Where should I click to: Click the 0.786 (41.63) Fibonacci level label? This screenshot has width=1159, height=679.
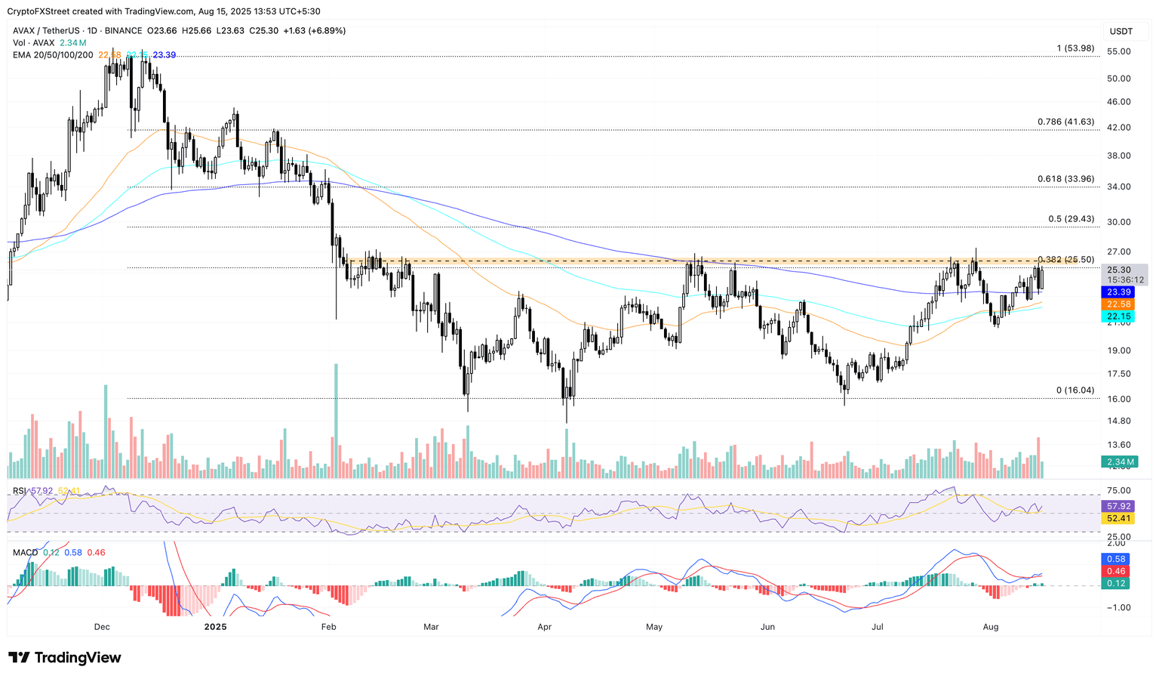pos(1065,122)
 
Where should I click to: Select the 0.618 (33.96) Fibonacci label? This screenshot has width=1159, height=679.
pos(1065,179)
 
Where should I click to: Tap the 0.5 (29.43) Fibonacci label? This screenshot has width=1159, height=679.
pos(1071,219)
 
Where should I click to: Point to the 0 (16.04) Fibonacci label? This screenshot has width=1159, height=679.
pos(1074,390)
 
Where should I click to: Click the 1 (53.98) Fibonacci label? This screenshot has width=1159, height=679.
pos(1074,48)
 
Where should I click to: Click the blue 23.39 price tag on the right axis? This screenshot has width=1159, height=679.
pos(1118,292)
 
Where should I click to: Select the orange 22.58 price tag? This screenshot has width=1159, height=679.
pos(1118,304)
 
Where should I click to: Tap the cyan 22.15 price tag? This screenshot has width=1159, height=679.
pos(1118,316)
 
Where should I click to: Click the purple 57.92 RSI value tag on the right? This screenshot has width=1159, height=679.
pos(1118,506)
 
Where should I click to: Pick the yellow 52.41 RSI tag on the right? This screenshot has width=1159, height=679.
pos(1118,518)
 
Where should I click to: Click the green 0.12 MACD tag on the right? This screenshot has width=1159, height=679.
pos(1116,583)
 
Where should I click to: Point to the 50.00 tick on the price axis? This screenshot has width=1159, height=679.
pos(1118,79)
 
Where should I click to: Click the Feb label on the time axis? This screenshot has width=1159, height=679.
pos(328,627)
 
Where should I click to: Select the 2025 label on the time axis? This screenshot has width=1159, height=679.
pos(216,627)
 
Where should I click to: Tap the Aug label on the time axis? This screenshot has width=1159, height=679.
pos(991,627)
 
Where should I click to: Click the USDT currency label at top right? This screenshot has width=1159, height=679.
pos(1121,31)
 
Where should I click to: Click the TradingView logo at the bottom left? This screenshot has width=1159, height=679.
pos(65,658)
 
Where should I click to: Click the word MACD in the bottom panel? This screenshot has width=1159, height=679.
pos(26,553)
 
